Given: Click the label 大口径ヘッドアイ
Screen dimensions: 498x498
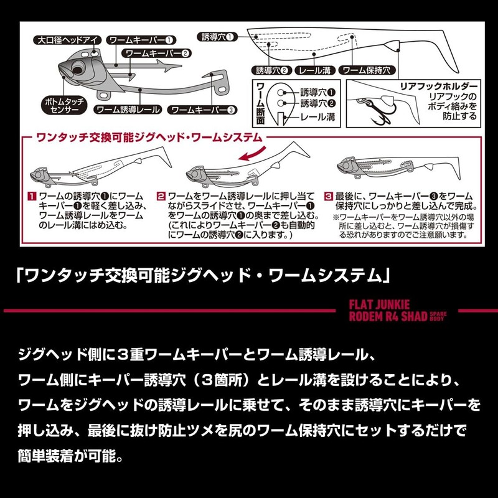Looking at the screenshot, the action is (67, 40).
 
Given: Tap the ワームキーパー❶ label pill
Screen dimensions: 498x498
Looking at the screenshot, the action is (141, 40).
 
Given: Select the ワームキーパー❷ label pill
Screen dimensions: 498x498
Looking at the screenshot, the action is (158, 53).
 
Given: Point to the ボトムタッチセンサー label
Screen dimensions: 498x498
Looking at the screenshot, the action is (64, 105).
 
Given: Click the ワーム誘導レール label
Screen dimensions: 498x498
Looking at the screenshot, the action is (128, 110).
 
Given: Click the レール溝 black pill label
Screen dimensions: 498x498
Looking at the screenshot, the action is (315, 70).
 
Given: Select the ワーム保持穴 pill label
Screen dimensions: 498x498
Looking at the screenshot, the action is (367, 70).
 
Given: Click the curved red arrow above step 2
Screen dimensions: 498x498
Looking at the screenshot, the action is (253, 153).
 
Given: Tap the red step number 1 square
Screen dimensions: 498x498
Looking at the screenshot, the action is (32, 196).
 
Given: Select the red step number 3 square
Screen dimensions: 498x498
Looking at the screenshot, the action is (329, 196).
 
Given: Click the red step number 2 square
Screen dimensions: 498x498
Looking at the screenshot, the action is (161, 196).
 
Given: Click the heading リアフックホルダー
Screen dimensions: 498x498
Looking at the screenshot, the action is (439, 87).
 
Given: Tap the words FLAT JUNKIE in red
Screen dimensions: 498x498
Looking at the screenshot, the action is (380, 305).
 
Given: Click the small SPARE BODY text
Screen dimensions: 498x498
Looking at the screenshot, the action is (438, 316).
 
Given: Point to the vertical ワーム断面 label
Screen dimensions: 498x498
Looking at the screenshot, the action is (260, 103).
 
